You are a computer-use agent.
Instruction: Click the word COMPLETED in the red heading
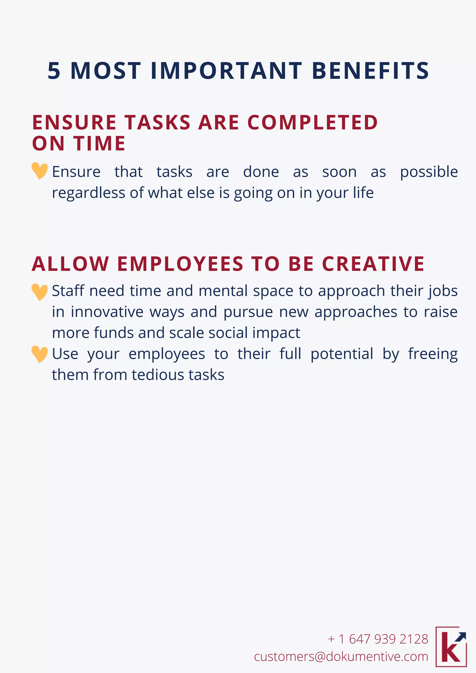pos(312,122)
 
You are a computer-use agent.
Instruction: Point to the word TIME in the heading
pos(100,143)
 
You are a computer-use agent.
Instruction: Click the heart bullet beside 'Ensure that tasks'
pos(40,171)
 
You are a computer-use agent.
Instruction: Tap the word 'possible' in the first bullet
pos(429,172)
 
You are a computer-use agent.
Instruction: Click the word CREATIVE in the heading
pos(373,264)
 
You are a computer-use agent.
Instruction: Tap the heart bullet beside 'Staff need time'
pos(40,292)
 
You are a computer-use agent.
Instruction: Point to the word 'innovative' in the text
pos(107,312)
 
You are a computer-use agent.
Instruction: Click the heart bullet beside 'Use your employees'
pos(40,354)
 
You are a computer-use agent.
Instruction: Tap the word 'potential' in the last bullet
pos(342,354)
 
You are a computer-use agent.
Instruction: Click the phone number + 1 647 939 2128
pos(378,639)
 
